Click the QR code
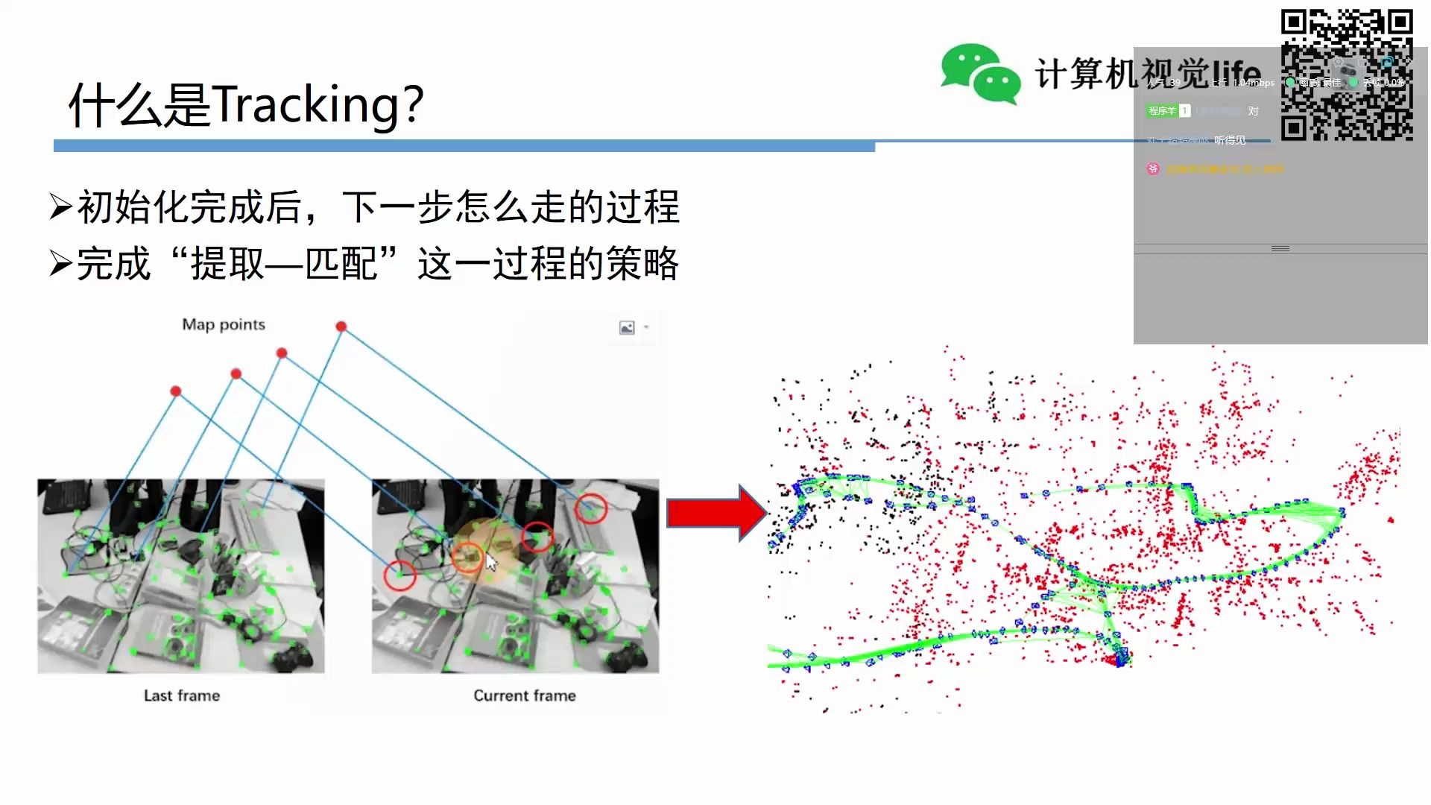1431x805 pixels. point(1347,75)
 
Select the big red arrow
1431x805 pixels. point(716,513)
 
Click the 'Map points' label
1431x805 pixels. point(224,324)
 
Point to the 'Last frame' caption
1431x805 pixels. point(182,695)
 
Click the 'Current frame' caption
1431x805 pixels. point(525,695)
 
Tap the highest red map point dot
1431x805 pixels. point(341,326)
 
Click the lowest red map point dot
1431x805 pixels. point(176,391)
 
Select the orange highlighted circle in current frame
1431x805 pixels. point(468,556)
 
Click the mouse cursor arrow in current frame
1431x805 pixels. point(491,562)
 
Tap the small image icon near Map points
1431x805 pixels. point(627,328)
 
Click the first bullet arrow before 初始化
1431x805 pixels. point(60,206)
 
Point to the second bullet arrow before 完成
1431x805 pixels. point(60,263)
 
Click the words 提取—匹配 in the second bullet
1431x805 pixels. point(284,264)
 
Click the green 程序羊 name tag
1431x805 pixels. point(1162,111)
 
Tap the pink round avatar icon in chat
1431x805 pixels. point(1153,169)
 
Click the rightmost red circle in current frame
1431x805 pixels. point(590,508)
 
